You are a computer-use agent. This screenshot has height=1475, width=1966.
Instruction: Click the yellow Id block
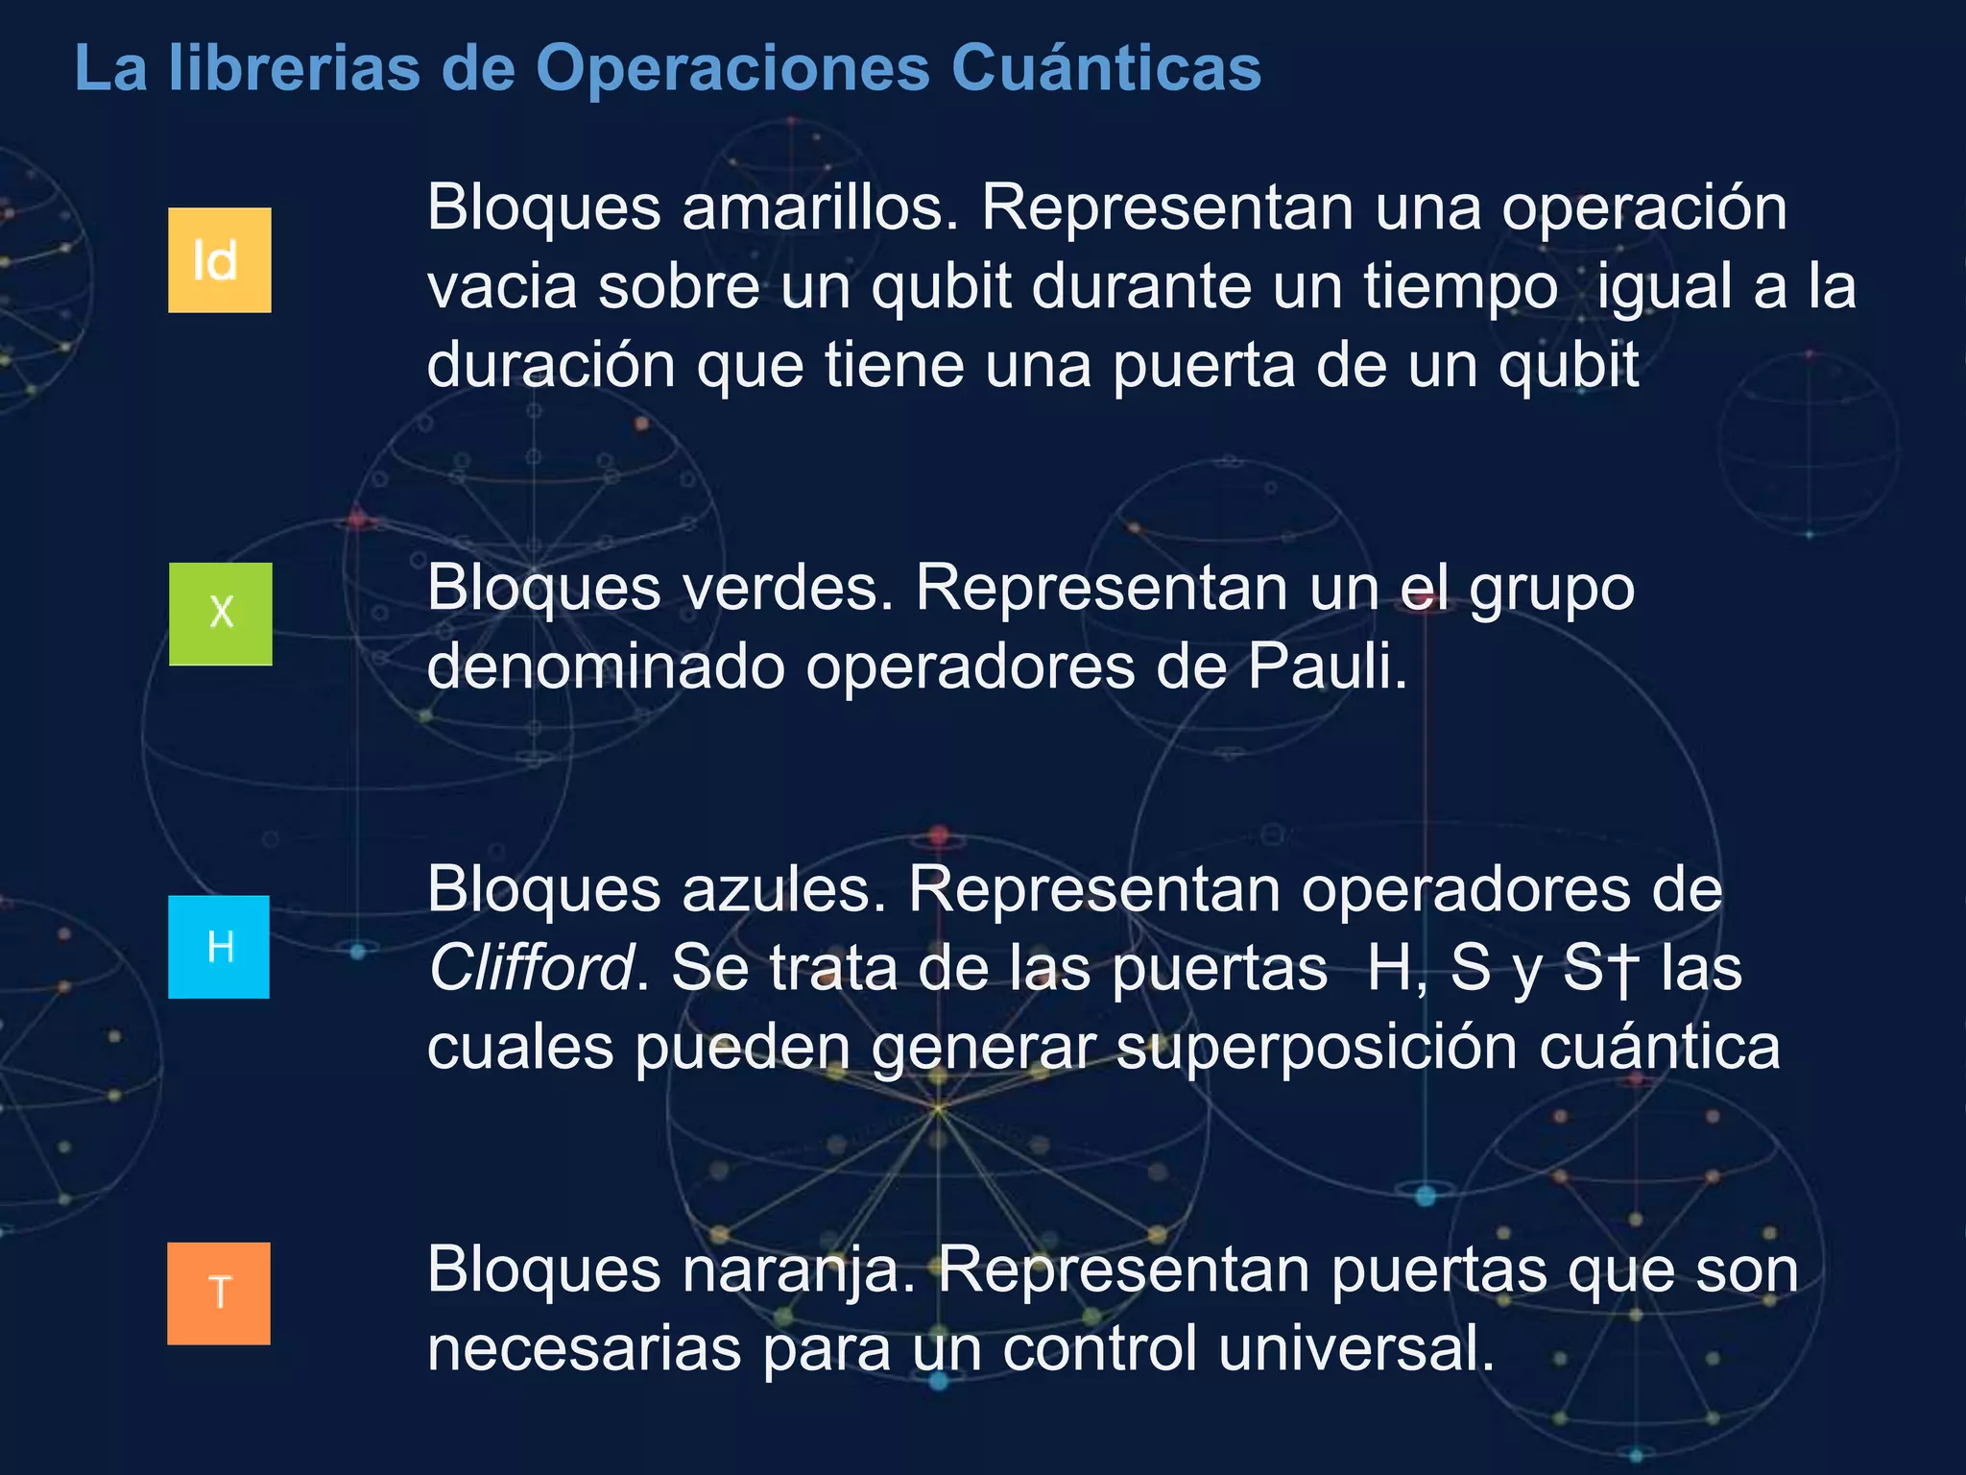(219, 259)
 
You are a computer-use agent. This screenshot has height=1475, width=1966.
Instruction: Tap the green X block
(220, 614)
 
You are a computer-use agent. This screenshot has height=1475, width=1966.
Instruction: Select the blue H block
(219, 947)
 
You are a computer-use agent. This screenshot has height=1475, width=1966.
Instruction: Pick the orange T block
(219, 1293)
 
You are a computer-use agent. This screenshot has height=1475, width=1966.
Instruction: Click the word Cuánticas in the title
(1106, 68)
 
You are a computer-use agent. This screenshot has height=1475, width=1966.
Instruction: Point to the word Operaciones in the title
(732, 68)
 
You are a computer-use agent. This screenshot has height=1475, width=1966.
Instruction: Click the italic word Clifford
(531, 967)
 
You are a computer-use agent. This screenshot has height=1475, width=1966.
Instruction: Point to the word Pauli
(1328, 666)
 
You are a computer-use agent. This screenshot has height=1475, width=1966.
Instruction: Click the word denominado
(606, 666)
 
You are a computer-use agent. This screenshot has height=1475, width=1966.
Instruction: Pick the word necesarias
(584, 1348)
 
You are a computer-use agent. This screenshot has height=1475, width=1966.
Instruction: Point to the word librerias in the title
(295, 68)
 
